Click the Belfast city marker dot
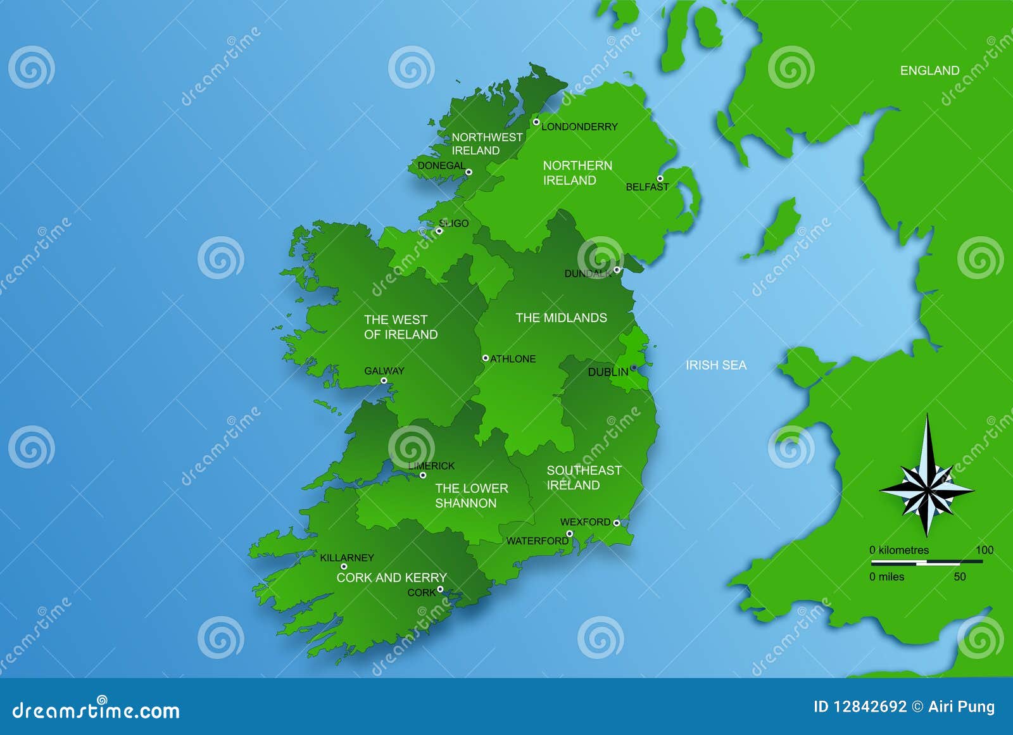pos(660,179)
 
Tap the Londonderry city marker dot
pos(536,122)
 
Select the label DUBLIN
pos(608,372)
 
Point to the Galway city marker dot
pos(384,380)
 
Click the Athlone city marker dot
pos(486,358)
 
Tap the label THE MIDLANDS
pos(561,318)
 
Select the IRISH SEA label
pos(716,365)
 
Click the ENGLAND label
pos(929,71)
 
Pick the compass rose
pos(927,489)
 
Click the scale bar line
pos(927,562)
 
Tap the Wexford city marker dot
pos(616,523)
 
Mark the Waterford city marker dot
pos(569,534)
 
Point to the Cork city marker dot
pos(440,589)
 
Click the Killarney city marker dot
pos(344,567)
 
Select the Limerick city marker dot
pos(423,475)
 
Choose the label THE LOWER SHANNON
pos(471,496)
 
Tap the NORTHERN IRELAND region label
pos(577,173)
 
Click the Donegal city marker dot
pos(469,172)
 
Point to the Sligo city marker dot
pos(439,231)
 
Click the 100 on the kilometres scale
pos(984,550)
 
